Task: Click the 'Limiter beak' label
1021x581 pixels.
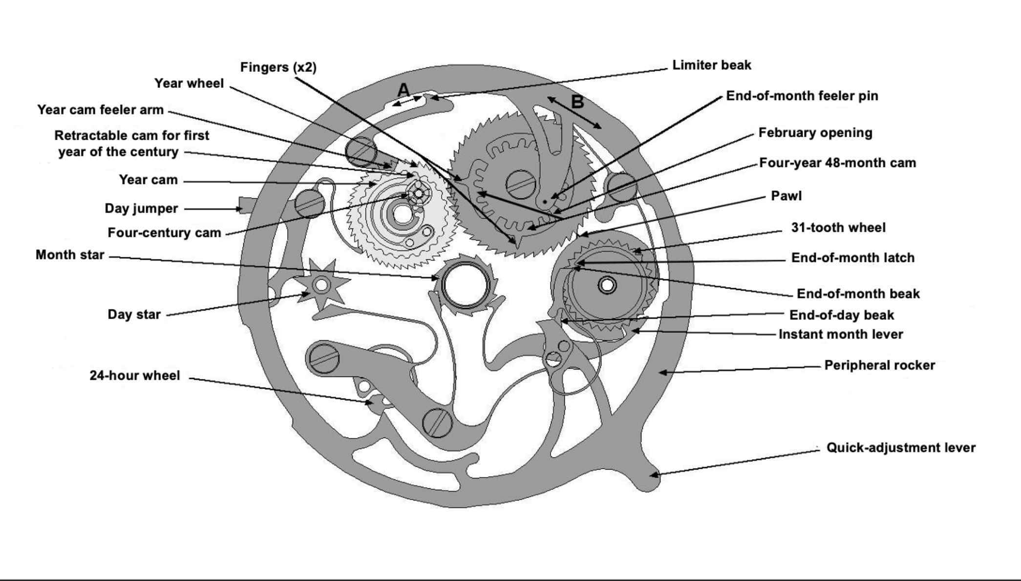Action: click(711, 65)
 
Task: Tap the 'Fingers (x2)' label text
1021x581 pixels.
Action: click(278, 67)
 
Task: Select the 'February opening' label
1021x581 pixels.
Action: click(815, 133)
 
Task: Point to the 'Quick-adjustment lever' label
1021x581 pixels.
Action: click(900, 448)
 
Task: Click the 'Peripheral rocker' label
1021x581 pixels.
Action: click(879, 365)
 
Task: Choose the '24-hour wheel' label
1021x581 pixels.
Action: click(134, 375)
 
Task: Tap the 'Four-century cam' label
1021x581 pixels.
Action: click(164, 232)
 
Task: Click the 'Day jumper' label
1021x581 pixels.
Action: click(141, 208)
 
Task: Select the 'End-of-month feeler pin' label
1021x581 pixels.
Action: click(802, 96)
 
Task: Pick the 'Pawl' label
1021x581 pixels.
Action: click(786, 196)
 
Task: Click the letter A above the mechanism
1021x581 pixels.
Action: click(404, 90)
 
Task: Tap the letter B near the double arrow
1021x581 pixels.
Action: click(577, 102)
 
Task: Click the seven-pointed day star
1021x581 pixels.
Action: click(321, 285)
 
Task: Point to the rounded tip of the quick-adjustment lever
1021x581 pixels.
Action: click(649, 481)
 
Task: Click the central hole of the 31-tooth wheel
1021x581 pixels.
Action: click(607, 285)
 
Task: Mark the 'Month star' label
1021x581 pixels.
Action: click(70, 255)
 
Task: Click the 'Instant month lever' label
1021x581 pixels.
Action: click(840, 334)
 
